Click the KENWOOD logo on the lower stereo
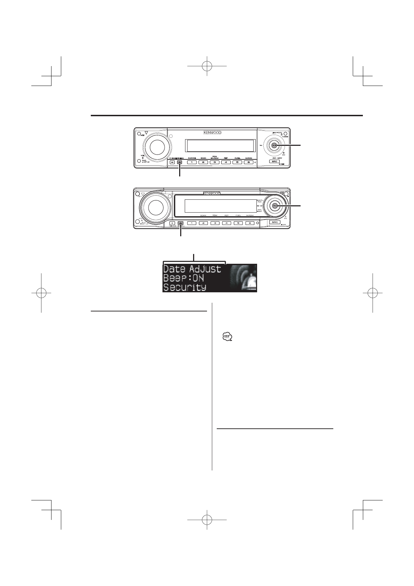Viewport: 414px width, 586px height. [x=212, y=193]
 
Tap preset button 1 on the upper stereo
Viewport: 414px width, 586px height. [x=192, y=162]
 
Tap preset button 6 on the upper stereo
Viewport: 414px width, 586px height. [x=248, y=162]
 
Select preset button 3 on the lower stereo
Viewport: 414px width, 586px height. [x=215, y=223]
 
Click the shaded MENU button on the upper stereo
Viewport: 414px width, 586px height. [x=180, y=162]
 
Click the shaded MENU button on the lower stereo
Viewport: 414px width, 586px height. [x=180, y=223]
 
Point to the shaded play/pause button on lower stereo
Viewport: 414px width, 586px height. [x=275, y=206]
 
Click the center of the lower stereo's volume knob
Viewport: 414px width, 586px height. [x=153, y=207]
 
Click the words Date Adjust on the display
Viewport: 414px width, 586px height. [x=192, y=269]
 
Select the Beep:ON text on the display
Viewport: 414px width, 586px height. [x=183, y=278]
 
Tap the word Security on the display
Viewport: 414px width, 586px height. [x=185, y=287]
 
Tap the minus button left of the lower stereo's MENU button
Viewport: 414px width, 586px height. [x=172, y=223]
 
